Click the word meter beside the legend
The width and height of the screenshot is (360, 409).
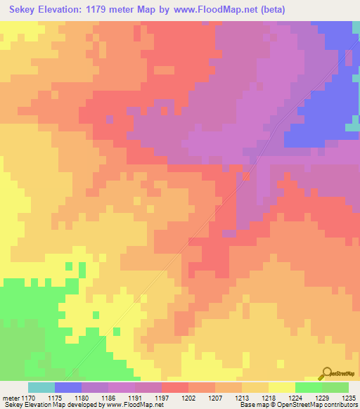pyautogui.click(x=11, y=398)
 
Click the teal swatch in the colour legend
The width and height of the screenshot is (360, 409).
pyautogui.click(x=41, y=387)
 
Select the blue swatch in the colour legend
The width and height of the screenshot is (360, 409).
pyautogui.click(x=67, y=387)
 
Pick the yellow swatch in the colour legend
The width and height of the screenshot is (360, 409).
pyautogui.click(x=281, y=387)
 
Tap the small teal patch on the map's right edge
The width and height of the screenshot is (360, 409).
pyautogui.click(x=352, y=127)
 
